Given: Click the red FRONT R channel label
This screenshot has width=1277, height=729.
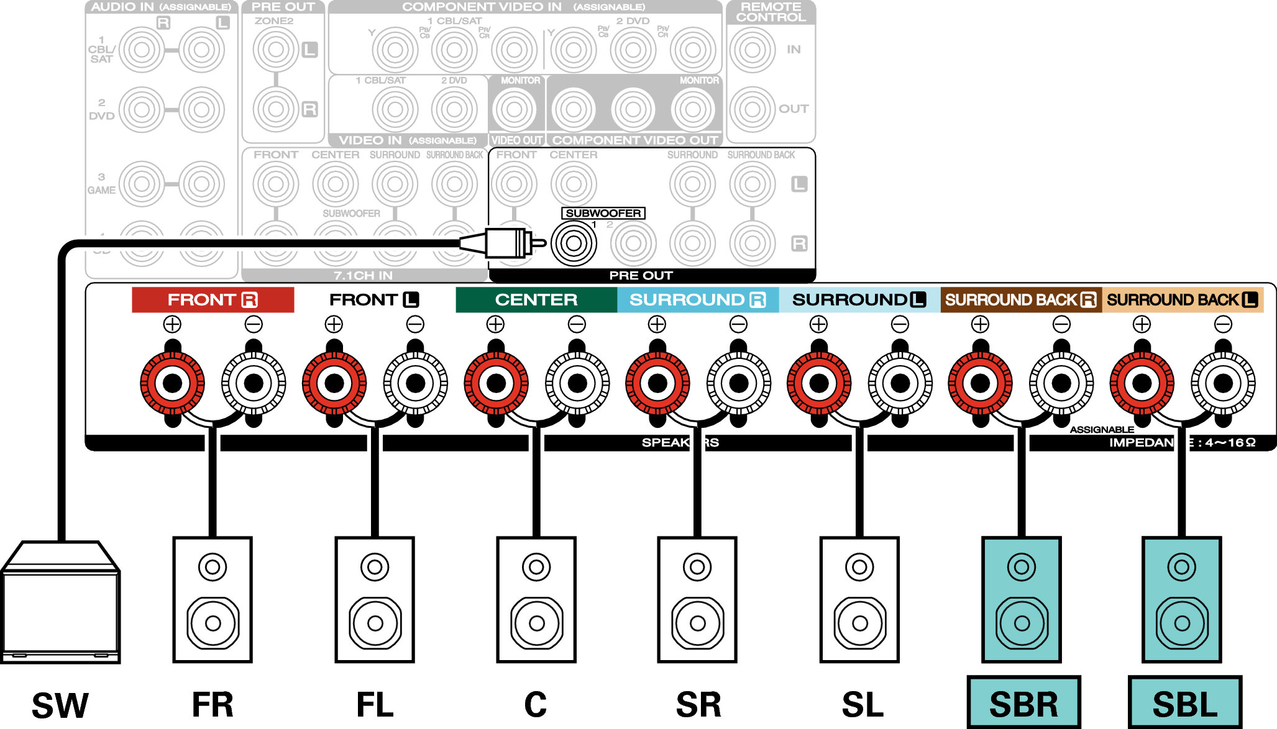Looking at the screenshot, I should click(x=213, y=300).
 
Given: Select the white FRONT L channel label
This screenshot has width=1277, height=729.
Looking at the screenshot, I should click(x=374, y=300).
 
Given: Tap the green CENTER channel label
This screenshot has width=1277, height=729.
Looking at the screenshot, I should click(x=536, y=300).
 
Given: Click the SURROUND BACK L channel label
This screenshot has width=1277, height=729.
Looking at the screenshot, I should click(x=1182, y=300).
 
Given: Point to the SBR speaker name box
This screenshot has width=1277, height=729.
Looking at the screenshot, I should click(x=1023, y=703).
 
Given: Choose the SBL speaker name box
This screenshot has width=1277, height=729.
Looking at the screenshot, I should click(x=1184, y=703).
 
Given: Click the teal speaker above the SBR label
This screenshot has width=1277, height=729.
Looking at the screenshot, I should click(x=1021, y=599).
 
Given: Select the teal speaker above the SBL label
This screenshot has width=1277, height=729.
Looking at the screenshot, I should click(x=1181, y=599).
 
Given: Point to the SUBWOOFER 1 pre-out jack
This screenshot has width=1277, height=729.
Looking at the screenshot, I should click(x=574, y=243).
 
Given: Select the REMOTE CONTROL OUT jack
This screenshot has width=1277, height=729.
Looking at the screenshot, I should click(x=752, y=109).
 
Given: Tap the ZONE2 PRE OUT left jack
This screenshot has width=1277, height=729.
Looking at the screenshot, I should click(x=276, y=50).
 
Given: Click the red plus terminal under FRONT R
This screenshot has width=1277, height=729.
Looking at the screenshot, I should click(x=172, y=383).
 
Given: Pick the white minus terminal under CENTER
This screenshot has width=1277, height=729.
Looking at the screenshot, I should click(x=577, y=383).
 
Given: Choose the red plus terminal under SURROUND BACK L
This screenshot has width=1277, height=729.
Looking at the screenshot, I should click(x=1142, y=383).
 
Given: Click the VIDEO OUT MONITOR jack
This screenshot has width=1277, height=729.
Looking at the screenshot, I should click(x=514, y=109).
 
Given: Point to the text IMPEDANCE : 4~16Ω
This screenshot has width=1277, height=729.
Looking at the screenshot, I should click(x=1182, y=443).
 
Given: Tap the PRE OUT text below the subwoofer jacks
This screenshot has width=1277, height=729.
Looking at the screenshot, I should click(x=641, y=275).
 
